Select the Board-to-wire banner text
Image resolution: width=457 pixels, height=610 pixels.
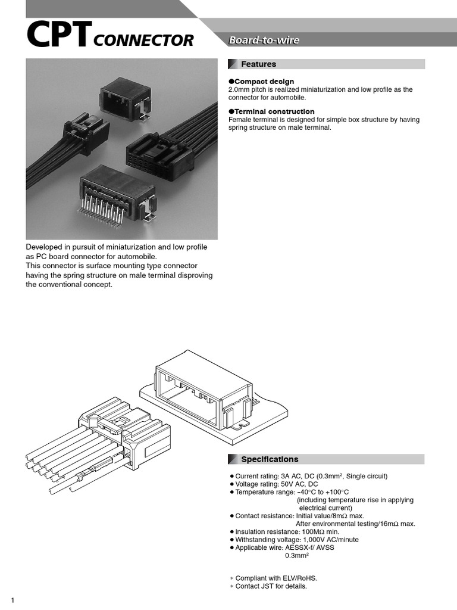click(264, 41)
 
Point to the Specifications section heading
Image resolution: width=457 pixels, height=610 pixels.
click(269, 459)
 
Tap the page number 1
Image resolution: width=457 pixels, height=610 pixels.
click(12, 600)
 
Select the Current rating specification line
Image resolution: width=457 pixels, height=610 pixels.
click(311, 476)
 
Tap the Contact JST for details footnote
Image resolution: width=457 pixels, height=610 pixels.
click(271, 586)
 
